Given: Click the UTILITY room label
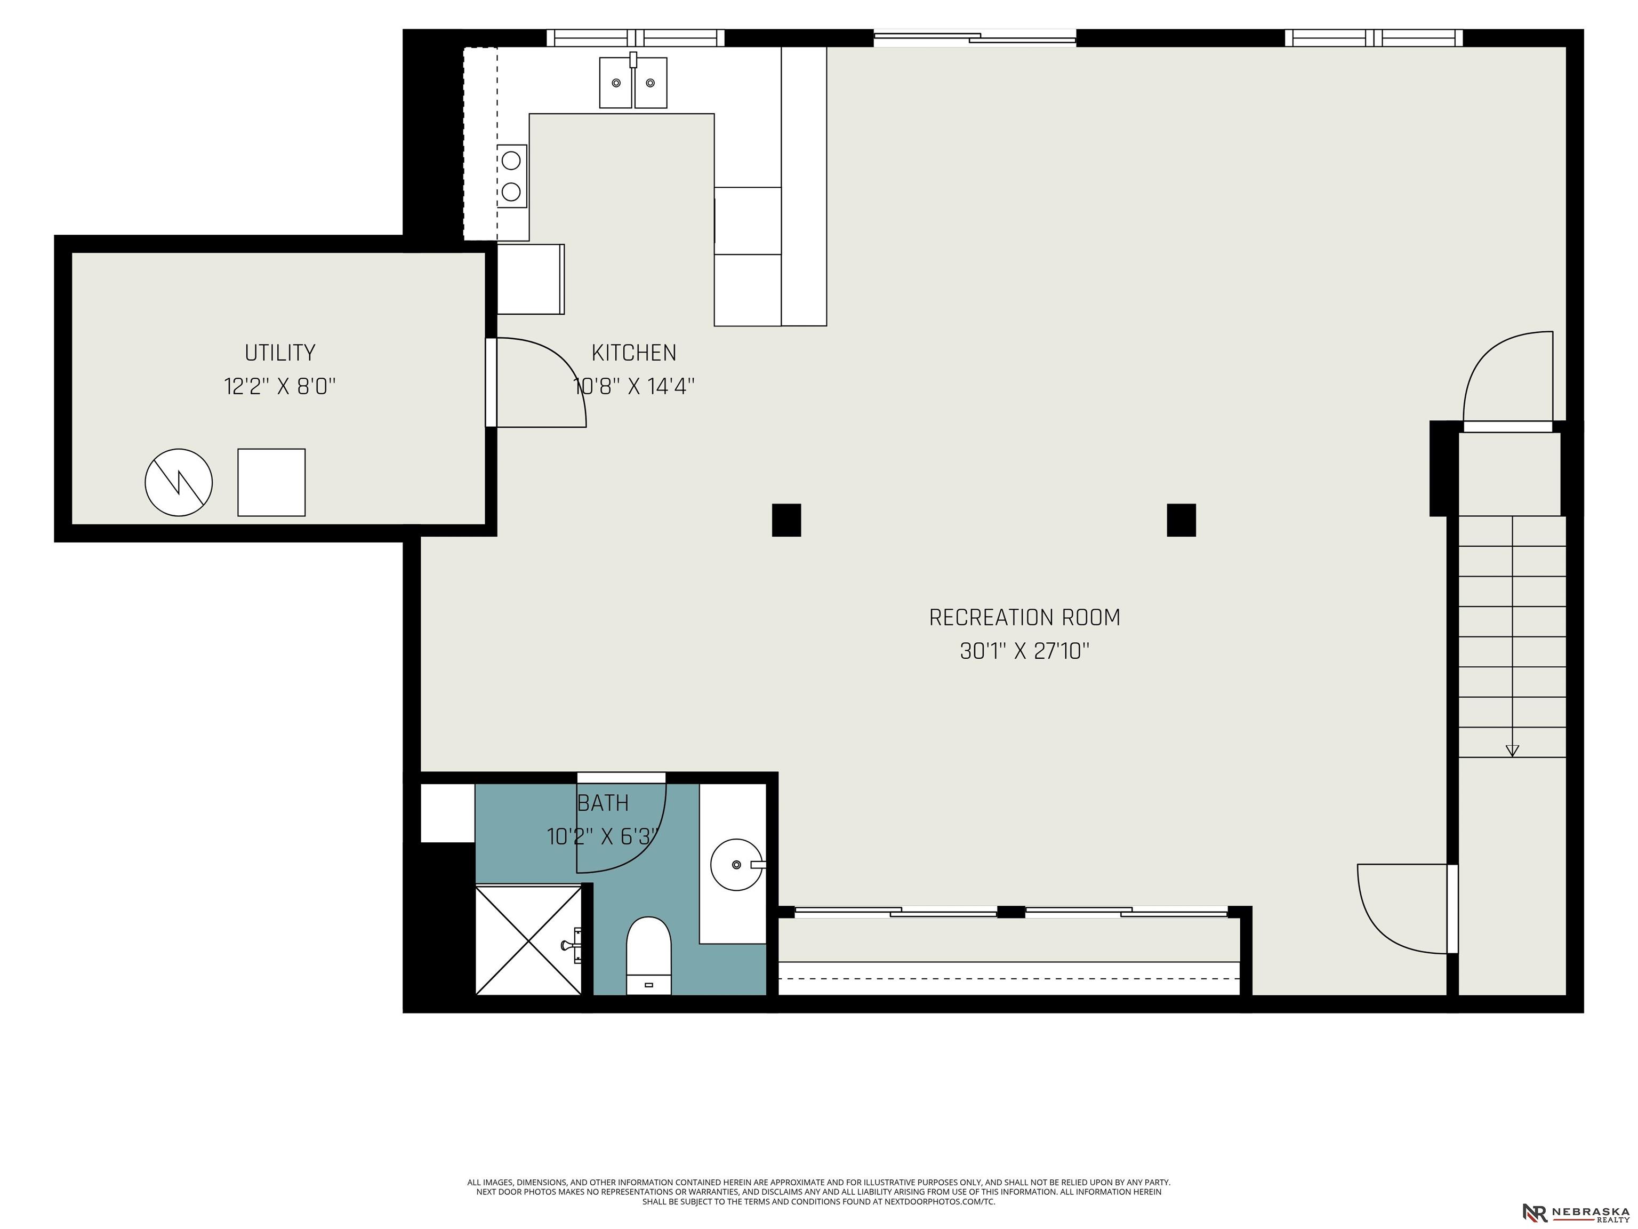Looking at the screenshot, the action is [x=280, y=352].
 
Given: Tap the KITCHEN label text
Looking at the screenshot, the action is [x=634, y=353].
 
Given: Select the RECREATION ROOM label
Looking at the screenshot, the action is [x=1025, y=617].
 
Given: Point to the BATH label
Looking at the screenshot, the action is [x=603, y=803].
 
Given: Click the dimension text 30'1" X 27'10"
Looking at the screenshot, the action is [x=1025, y=651].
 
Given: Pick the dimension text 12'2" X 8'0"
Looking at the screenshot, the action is [x=280, y=386].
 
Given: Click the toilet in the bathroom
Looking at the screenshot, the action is [x=649, y=956].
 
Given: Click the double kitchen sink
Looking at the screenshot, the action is [x=633, y=82].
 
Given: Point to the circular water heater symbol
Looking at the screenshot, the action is [x=179, y=482].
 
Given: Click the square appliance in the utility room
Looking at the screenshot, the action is [x=271, y=482].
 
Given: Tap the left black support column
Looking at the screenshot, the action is [x=786, y=520].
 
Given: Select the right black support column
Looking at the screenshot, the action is [x=1181, y=520].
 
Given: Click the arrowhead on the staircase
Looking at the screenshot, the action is [x=1512, y=751].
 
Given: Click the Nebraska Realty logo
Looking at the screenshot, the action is [x=1575, y=1214].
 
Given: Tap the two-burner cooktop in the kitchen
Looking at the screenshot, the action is [x=511, y=177].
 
